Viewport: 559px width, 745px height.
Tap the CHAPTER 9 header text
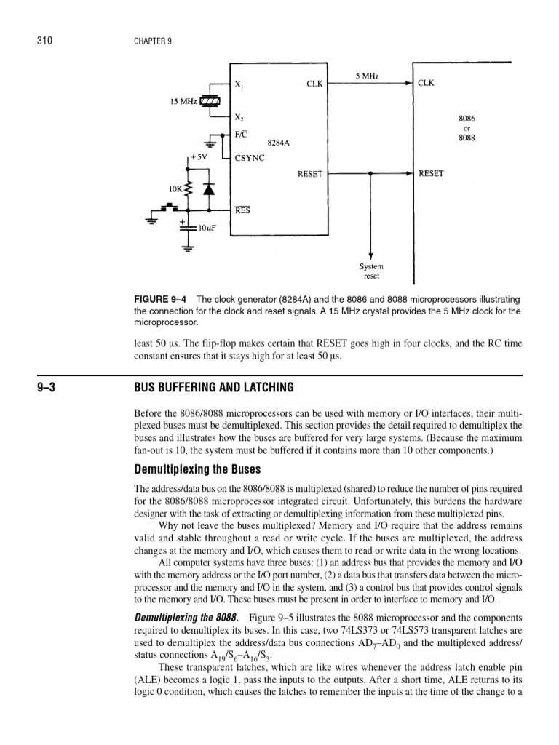coord(152,42)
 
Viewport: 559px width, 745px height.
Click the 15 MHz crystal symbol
coord(210,101)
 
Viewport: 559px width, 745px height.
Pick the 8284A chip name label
coord(279,143)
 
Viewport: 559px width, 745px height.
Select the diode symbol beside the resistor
coord(209,189)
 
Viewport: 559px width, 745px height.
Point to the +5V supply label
coord(199,157)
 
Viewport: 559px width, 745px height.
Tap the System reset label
coord(372,271)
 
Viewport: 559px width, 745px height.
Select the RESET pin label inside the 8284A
coord(310,175)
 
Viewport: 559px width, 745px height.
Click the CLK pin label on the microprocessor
coord(426,84)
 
